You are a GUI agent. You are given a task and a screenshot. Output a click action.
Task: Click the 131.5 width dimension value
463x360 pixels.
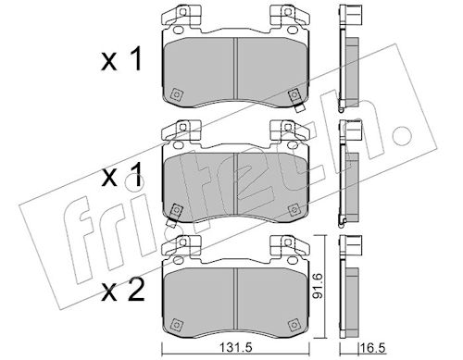coord(235,348)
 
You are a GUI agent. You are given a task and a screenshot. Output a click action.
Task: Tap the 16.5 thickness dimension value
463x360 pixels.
coord(373,348)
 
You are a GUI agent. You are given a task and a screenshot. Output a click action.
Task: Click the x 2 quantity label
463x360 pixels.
coord(123,290)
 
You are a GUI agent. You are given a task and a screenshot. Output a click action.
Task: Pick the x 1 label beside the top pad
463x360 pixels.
coord(121,58)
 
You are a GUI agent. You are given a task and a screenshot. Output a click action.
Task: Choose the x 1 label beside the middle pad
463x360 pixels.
coord(121,175)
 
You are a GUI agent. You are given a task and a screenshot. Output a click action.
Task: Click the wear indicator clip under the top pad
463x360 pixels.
coord(299,108)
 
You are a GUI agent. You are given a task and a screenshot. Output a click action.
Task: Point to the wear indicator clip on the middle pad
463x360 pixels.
coord(170,223)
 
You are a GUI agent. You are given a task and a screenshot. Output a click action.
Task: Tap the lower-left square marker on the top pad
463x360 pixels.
coord(176,94)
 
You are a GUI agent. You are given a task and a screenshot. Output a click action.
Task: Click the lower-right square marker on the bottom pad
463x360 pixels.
coord(294,325)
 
